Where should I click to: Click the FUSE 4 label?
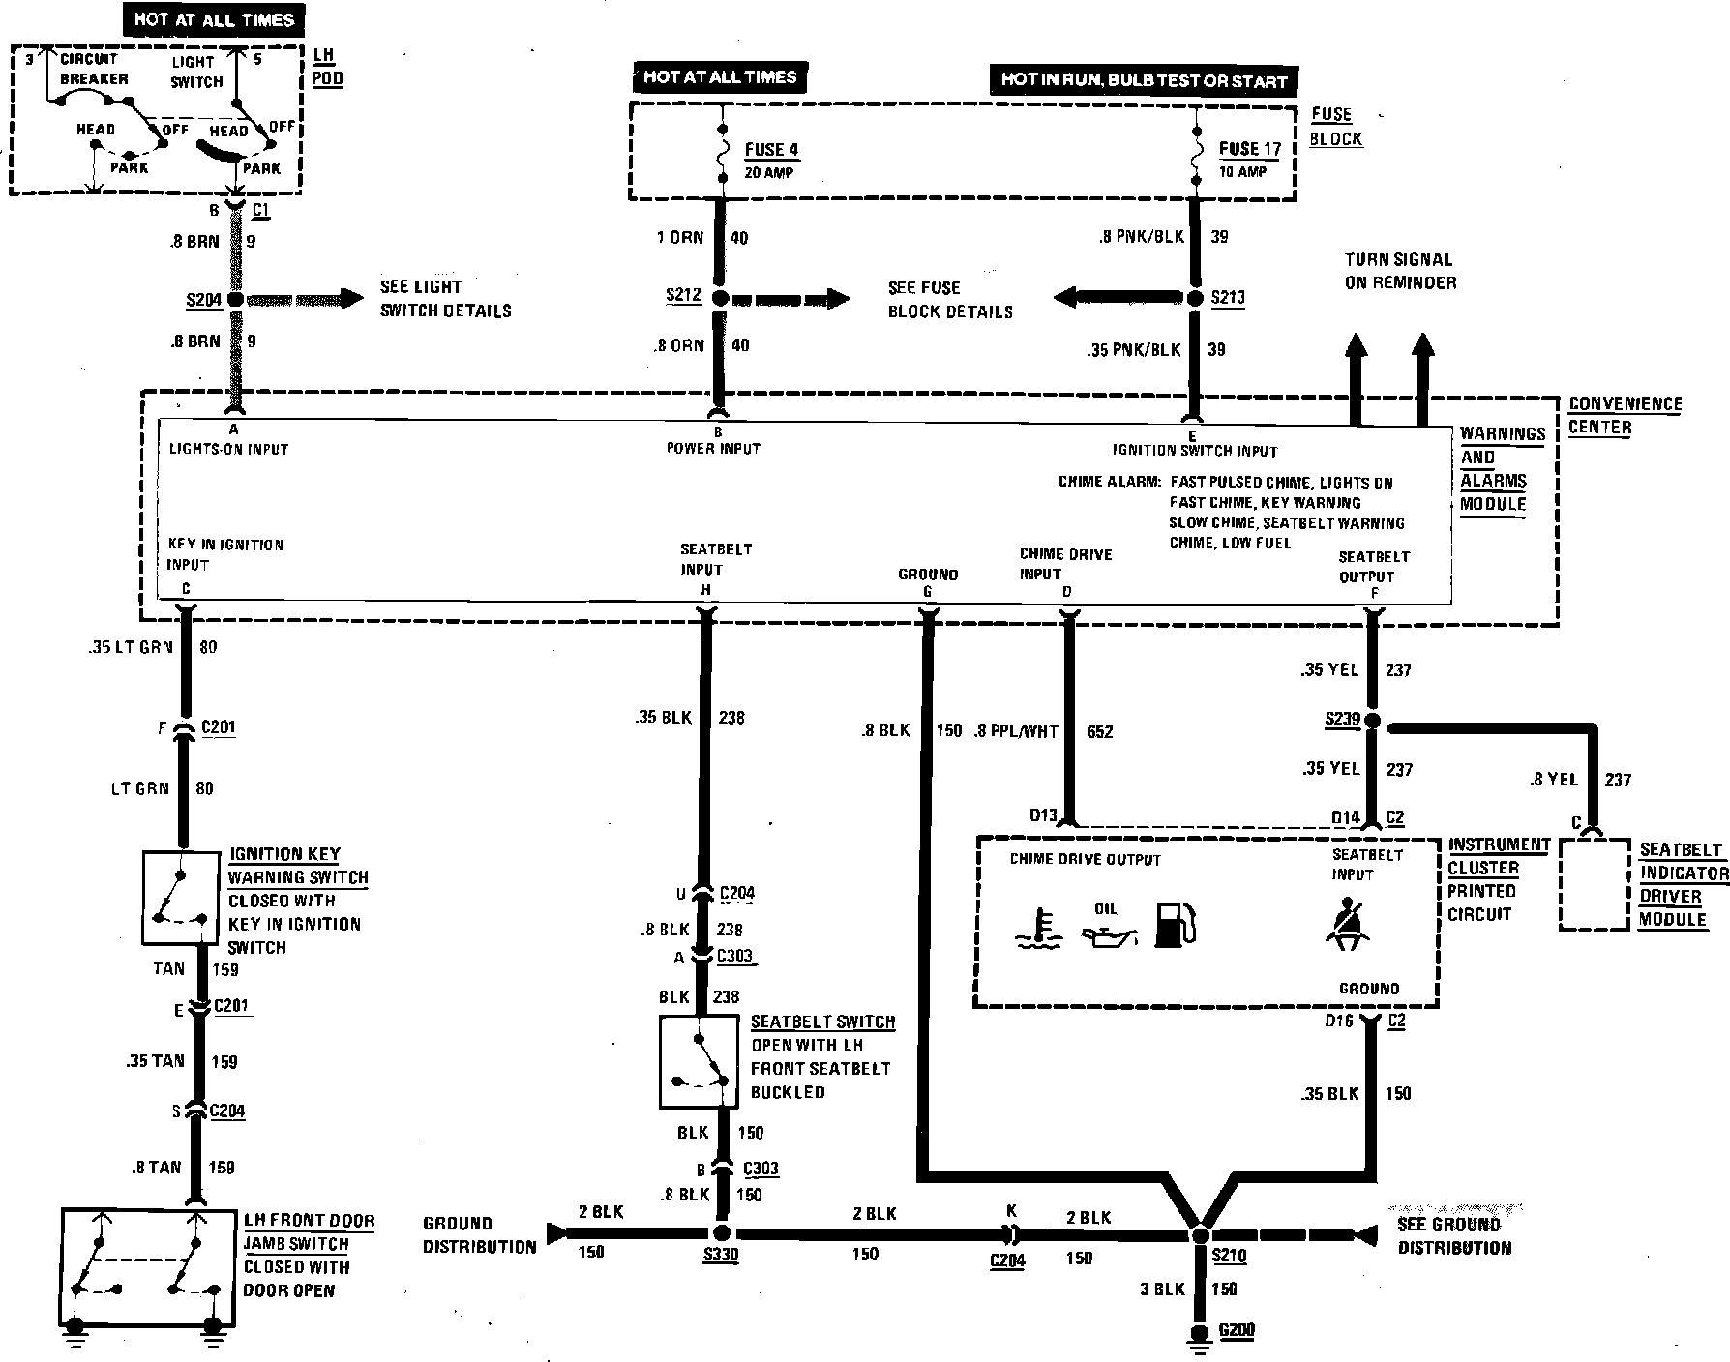pos(771,150)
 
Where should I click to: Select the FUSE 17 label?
pos(1249,149)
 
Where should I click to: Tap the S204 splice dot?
pos(234,301)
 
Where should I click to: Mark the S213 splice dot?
pos(1195,298)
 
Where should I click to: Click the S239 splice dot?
pos(1372,722)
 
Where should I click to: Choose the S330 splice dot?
pos(720,1233)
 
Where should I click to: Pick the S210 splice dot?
pos(1200,1235)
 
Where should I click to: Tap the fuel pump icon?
pos(1176,925)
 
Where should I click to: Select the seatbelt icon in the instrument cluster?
pos(1349,925)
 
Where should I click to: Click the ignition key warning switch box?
pos(180,898)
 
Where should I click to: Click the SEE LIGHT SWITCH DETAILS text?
pos(445,299)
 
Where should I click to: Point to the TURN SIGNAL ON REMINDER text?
pos(1400,271)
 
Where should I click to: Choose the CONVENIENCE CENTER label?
pos(1625,415)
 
